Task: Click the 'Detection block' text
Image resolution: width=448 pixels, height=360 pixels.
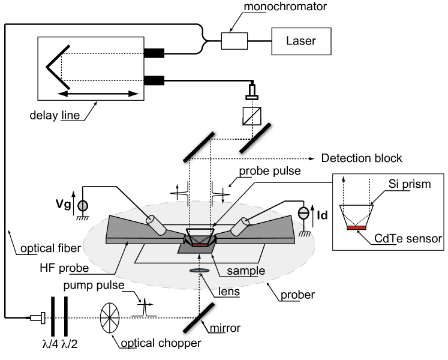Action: click(x=362, y=158)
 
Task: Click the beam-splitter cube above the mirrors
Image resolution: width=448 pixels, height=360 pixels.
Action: click(x=250, y=115)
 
